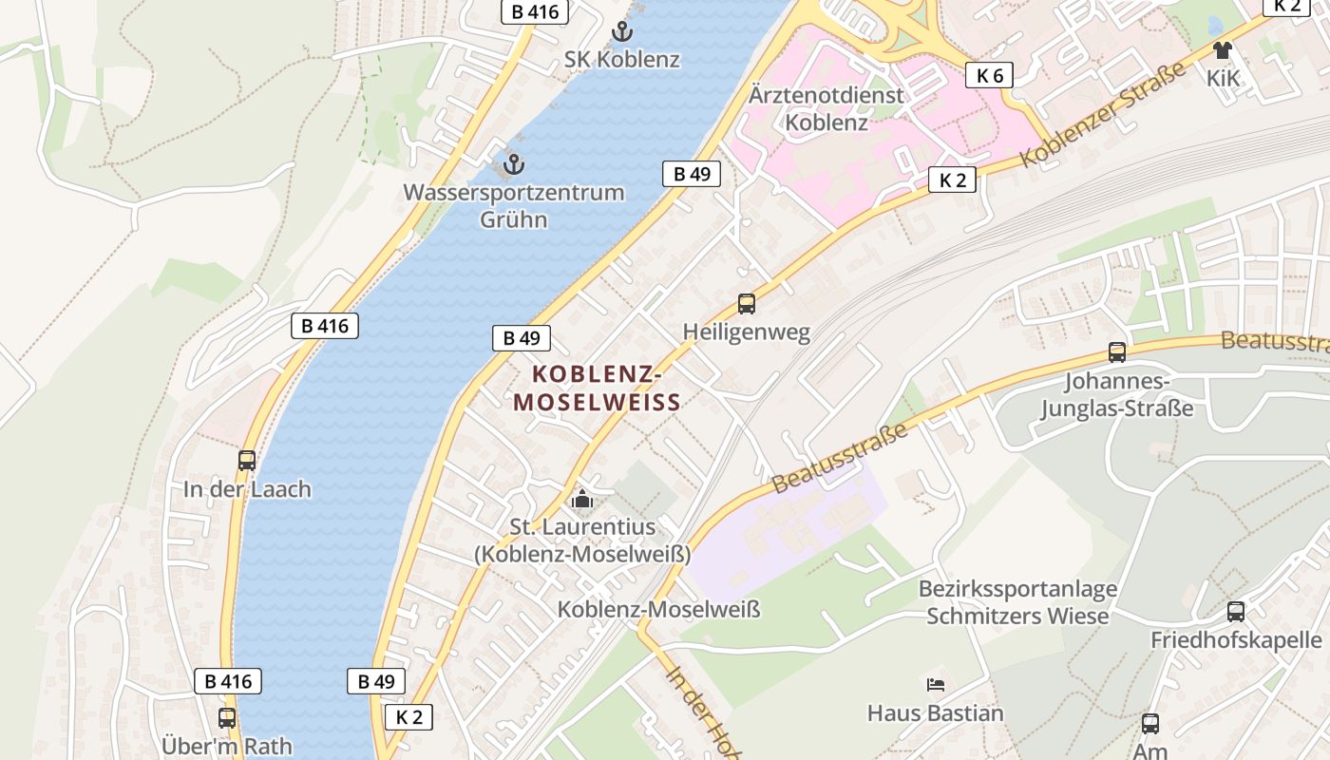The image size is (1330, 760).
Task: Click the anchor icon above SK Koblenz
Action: pyautogui.click(x=621, y=31)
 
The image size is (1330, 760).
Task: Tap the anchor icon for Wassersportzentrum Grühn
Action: pyautogui.click(x=513, y=164)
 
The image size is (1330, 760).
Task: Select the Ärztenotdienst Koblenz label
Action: pyautogui.click(x=826, y=108)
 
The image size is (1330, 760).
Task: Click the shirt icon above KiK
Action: pyautogui.click(x=1222, y=50)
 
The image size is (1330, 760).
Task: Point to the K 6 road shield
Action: pyautogui.click(x=989, y=76)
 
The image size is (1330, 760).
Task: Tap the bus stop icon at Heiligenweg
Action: pyautogui.click(x=747, y=304)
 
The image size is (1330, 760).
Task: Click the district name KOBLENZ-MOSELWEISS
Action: pyautogui.click(x=598, y=388)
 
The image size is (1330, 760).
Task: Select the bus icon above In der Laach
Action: pyautogui.click(x=247, y=461)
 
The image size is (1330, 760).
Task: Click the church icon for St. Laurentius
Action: pyautogui.click(x=581, y=499)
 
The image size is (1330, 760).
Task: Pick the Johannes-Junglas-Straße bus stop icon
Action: pyautogui.click(x=1117, y=352)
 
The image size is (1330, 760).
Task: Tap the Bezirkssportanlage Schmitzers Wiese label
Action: pyautogui.click(x=1017, y=602)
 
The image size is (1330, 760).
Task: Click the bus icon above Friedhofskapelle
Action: pyautogui.click(x=1236, y=612)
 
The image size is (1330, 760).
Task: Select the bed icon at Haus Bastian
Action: pyautogui.click(x=936, y=684)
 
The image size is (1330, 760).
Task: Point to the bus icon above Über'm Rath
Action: pyautogui.click(x=226, y=718)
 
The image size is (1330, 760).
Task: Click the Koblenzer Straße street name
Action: pyautogui.click(x=1103, y=115)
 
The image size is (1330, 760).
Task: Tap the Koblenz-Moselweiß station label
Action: pyautogui.click(x=658, y=609)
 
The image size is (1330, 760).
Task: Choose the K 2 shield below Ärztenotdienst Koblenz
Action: pyautogui.click(x=952, y=180)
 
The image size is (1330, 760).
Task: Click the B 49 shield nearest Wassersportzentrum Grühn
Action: pyautogui.click(x=692, y=174)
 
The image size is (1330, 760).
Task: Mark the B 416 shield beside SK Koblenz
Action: pyautogui.click(x=535, y=12)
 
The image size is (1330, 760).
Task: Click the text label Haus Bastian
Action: pyautogui.click(x=936, y=712)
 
